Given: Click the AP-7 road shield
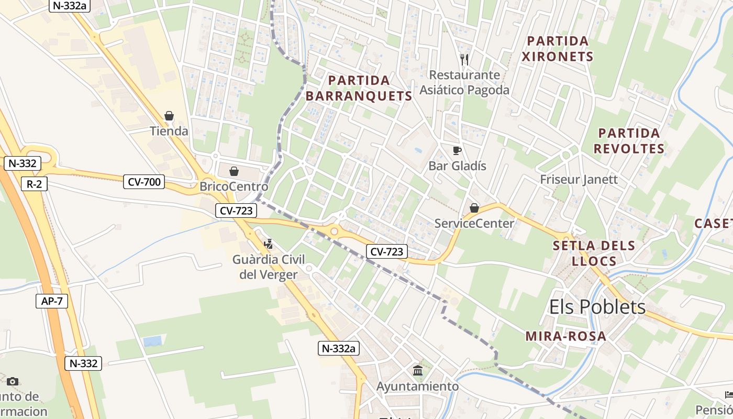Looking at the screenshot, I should point(52,301).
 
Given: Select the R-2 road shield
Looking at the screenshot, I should point(34,184).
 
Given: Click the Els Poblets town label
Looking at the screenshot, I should point(597,307).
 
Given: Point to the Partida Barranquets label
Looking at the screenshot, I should point(359,88).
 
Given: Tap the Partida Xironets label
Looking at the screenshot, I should point(558,49).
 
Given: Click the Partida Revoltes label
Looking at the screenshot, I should point(628,141).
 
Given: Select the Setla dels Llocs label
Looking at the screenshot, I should point(594,253).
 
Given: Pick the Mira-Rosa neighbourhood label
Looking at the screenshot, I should point(565,336).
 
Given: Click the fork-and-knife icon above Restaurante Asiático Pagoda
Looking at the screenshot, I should point(464,59).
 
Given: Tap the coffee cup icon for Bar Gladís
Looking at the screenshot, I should point(457,151).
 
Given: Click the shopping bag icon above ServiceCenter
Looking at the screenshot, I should point(474,208).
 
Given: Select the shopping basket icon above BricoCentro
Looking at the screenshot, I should point(234,171).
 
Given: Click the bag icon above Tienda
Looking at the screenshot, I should point(169,116).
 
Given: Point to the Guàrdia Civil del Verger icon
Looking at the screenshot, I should point(269,244).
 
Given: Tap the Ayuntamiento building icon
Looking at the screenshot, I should point(418,371).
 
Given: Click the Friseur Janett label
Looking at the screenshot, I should point(579,180).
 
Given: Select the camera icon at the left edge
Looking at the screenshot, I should point(13,381).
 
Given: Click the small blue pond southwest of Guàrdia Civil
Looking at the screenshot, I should point(152,341).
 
